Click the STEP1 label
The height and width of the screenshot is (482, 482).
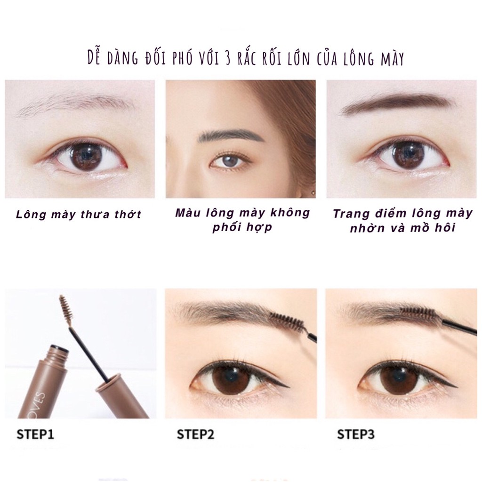pyautogui.click(x=35, y=434)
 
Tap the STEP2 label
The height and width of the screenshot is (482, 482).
pyautogui.click(x=195, y=434)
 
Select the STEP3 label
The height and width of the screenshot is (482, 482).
pyautogui.click(x=356, y=434)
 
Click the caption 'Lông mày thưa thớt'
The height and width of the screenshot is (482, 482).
pyautogui.click(x=79, y=214)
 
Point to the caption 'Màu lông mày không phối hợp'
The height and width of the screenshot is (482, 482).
pyautogui.click(x=243, y=220)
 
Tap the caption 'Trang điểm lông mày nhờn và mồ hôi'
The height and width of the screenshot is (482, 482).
pyautogui.click(x=403, y=221)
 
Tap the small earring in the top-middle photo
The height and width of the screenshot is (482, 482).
pyautogui.click(x=313, y=193)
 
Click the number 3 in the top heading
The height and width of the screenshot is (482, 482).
pyautogui.click(x=227, y=59)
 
